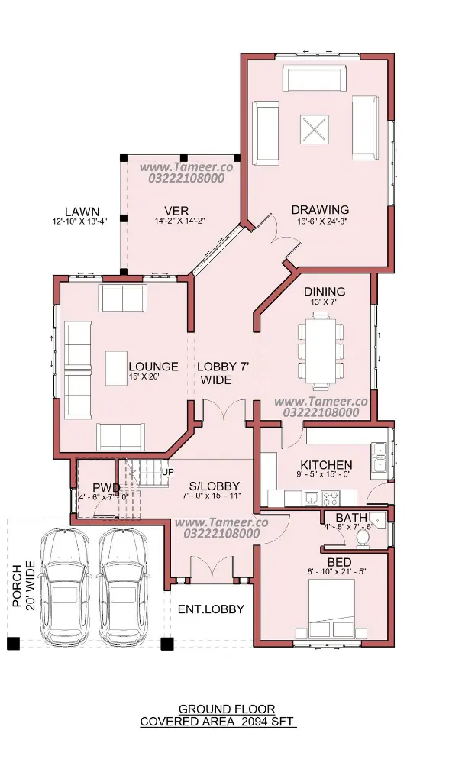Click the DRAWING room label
click(320, 210)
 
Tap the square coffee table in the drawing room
click(315, 129)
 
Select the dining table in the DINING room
click(321, 350)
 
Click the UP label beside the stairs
click(168, 472)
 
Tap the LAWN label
click(82, 212)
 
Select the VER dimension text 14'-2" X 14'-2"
click(179, 220)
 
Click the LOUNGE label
click(153, 367)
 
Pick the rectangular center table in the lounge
click(116, 369)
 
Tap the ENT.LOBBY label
click(212, 609)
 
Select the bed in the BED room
click(331, 609)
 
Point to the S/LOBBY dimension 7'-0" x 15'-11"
click(212, 495)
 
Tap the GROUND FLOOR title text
click(227, 709)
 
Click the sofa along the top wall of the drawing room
click(315, 78)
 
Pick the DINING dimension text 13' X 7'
click(325, 302)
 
